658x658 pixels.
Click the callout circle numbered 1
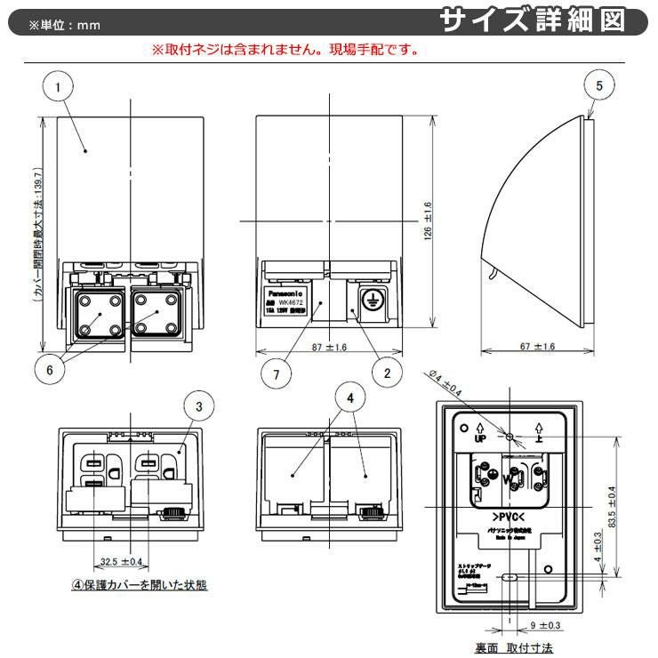58,87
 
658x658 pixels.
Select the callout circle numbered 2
387,373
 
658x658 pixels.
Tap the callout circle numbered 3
199,407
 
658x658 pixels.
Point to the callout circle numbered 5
598,86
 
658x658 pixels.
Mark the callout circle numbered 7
277,374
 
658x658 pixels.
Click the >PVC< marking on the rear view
509,517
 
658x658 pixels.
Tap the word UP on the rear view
480,439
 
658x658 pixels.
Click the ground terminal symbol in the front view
366,301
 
